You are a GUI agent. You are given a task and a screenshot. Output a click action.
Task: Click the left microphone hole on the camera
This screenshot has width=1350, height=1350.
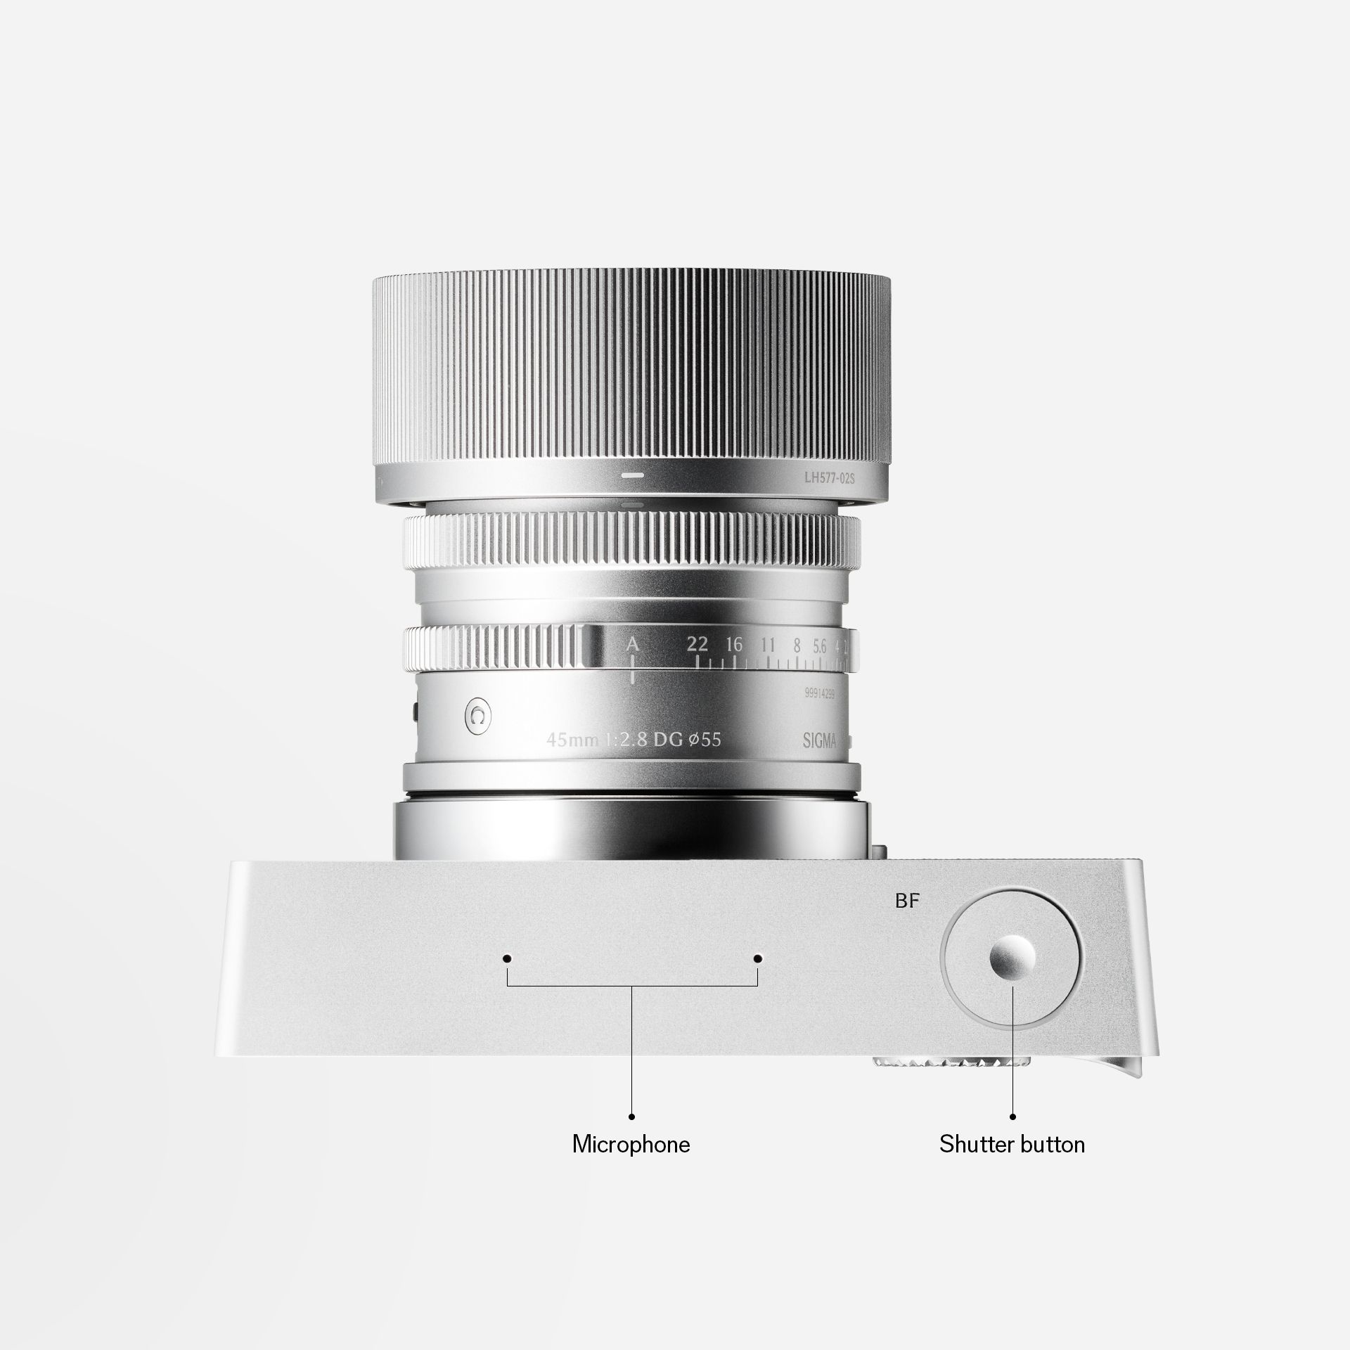506,958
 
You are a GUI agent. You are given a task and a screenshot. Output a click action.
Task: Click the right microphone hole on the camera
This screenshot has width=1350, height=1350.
757,958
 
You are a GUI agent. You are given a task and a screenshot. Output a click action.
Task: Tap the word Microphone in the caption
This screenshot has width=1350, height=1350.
631,1144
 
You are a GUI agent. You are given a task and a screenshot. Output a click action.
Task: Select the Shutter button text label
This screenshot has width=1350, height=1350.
1012,1144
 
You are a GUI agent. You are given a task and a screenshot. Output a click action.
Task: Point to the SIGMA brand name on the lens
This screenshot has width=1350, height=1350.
820,740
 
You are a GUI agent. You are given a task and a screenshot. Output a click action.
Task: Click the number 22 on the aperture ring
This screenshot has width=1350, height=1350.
697,644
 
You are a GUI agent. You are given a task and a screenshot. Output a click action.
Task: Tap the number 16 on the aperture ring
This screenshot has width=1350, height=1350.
734,644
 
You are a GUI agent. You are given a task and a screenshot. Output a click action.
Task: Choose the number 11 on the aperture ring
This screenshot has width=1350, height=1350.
768,645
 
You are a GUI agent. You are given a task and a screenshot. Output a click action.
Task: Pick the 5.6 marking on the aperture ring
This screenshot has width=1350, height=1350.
819,645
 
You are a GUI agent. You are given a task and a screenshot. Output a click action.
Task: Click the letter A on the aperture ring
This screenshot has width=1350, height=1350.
633,644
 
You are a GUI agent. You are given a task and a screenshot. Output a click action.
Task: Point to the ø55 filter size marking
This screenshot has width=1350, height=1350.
705,739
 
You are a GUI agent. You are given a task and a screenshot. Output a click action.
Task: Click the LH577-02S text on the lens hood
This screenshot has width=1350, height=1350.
829,478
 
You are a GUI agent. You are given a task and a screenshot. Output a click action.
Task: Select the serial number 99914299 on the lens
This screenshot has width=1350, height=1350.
819,693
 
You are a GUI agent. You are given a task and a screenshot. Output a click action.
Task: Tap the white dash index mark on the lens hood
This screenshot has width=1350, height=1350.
632,475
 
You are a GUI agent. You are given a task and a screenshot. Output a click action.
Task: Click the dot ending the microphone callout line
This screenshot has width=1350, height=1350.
631,1116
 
